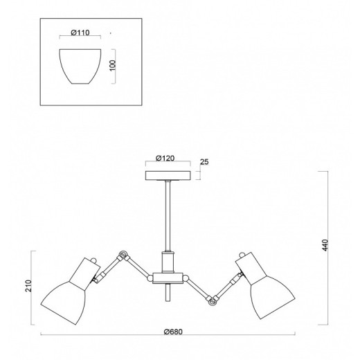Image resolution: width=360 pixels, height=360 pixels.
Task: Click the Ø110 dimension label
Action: tap(80, 33)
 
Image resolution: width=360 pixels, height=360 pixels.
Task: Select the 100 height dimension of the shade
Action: tap(113, 66)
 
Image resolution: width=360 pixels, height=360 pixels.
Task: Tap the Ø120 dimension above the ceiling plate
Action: tap(165, 159)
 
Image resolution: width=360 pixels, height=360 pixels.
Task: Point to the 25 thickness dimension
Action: tap(204, 162)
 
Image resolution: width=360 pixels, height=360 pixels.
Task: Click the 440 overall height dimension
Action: tap(325, 245)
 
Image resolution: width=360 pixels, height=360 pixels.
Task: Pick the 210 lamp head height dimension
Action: tap(28, 286)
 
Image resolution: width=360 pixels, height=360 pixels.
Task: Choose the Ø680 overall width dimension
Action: tap(173, 332)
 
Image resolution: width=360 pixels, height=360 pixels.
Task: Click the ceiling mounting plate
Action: tap(168, 176)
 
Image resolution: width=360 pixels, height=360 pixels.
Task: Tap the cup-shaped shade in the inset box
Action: tap(80, 66)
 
